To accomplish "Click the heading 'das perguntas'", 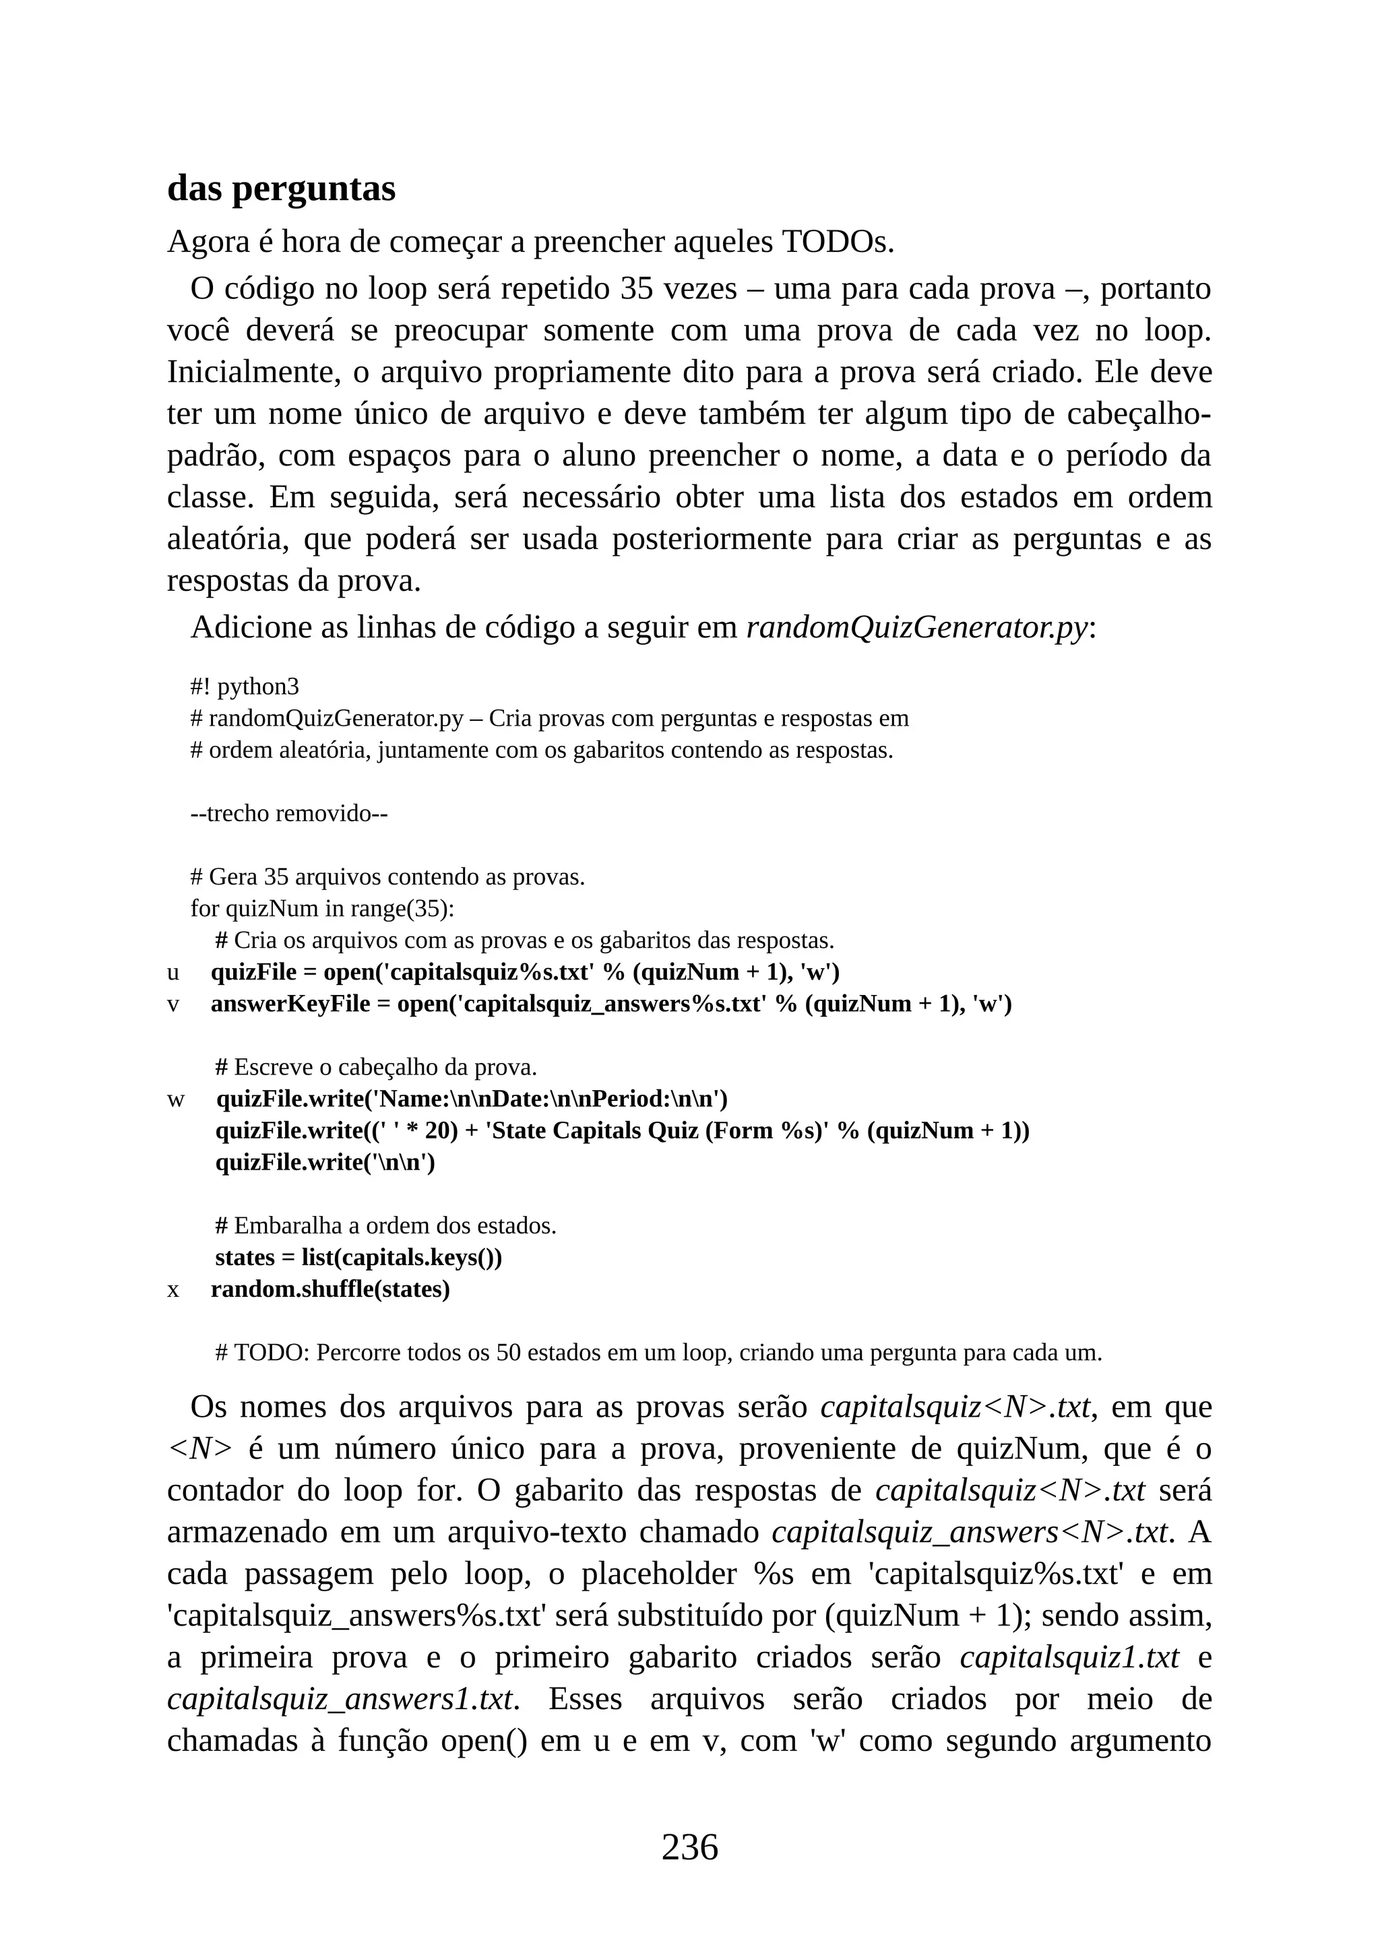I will tap(281, 188).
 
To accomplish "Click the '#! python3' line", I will tap(245, 686).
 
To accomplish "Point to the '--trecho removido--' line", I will tap(289, 813).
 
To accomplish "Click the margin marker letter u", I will tap(173, 972).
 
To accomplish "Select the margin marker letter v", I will tap(173, 1004).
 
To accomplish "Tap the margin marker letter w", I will tap(175, 1099).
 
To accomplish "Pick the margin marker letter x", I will tap(173, 1290).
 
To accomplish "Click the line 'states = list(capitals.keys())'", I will tap(358, 1258).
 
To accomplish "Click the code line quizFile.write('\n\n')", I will tap(325, 1162).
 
